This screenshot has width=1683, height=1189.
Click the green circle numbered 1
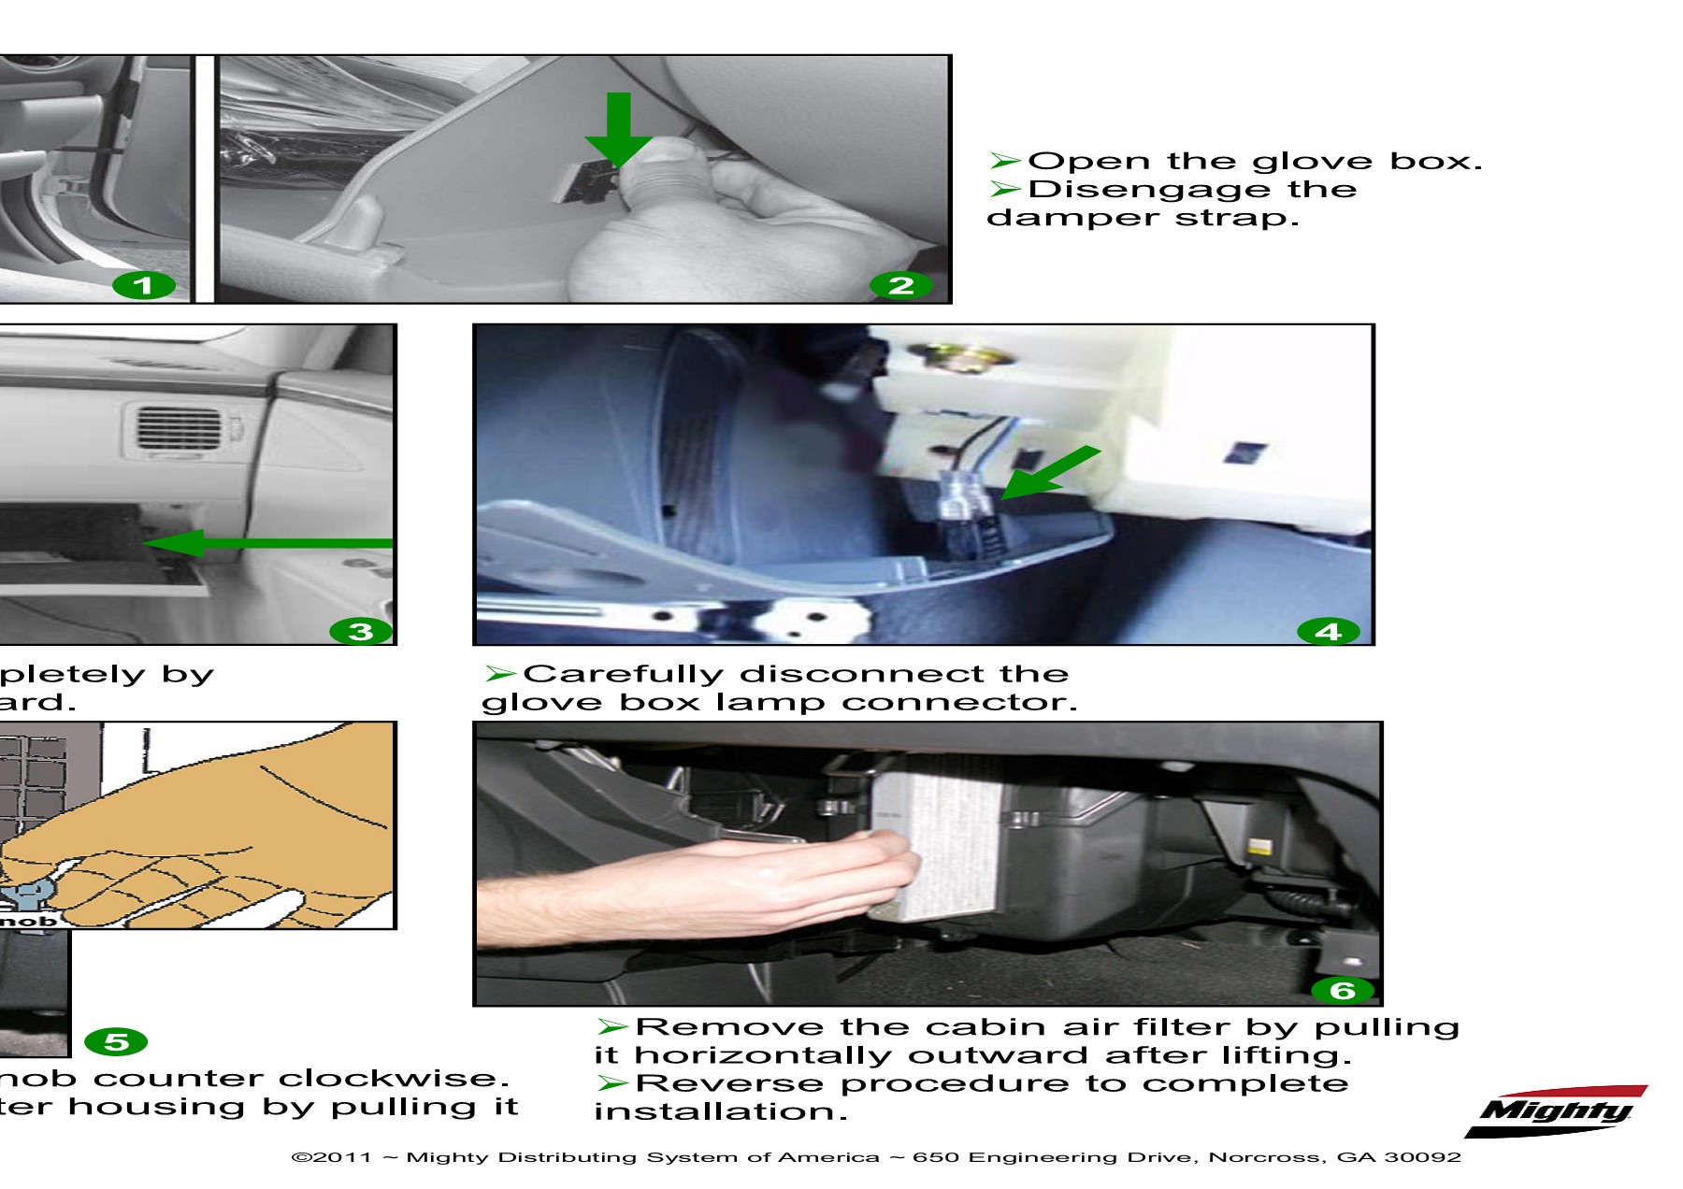pyautogui.click(x=143, y=286)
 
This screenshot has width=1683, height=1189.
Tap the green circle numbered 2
pyautogui.click(x=900, y=286)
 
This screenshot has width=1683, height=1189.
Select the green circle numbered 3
pyautogui.click(x=361, y=632)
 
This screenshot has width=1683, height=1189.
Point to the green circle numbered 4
pyautogui.click(x=1328, y=632)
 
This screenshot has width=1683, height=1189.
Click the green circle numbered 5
pyautogui.click(x=116, y=1041)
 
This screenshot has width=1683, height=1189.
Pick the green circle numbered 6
pyautogui.click(x=1342, y=990)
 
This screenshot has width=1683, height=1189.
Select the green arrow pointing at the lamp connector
pyautogui.click(x=1049, y=473)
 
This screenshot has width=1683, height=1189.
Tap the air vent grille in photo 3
pyautogui.click(x=180, y=428)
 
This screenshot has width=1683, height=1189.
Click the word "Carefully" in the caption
pyautogui.click(x=623, y=674)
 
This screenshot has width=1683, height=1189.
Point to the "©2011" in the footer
pyautogui.click(x=332, y=1157)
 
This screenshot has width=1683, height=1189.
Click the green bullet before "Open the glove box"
pyautogui.click(x=1004, y=161)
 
